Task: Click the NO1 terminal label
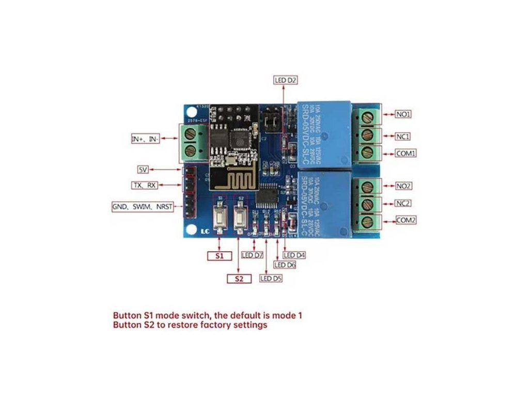[403, 114]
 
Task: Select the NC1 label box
[403, 136]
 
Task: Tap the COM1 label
[406, 154]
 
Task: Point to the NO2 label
[403, 185]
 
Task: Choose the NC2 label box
[403, 203]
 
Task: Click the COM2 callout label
[406, 220]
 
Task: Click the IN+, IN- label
[145, 139]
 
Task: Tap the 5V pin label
[143, 170]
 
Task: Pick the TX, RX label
[145, 185]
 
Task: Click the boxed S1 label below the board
[219, 255]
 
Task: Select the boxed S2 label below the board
[239, 279]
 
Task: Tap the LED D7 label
[253, 255]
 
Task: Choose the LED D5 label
[272, 279]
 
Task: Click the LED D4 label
[294, 255]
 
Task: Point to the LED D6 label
[285, 265]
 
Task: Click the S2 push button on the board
[240, 217]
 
